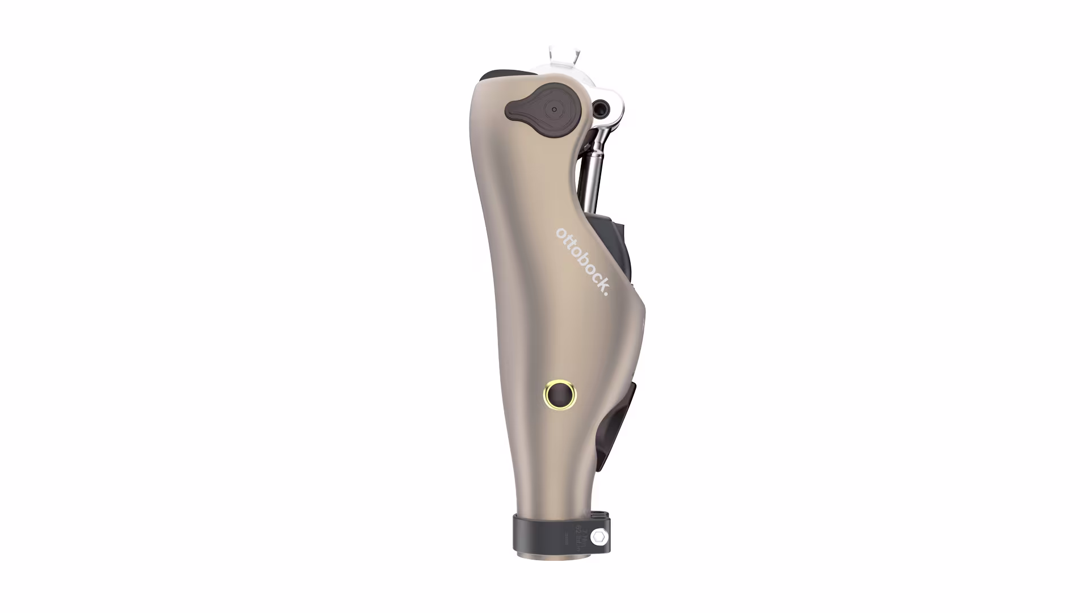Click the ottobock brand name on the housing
click(582, 262)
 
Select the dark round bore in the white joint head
click(600, 106)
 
